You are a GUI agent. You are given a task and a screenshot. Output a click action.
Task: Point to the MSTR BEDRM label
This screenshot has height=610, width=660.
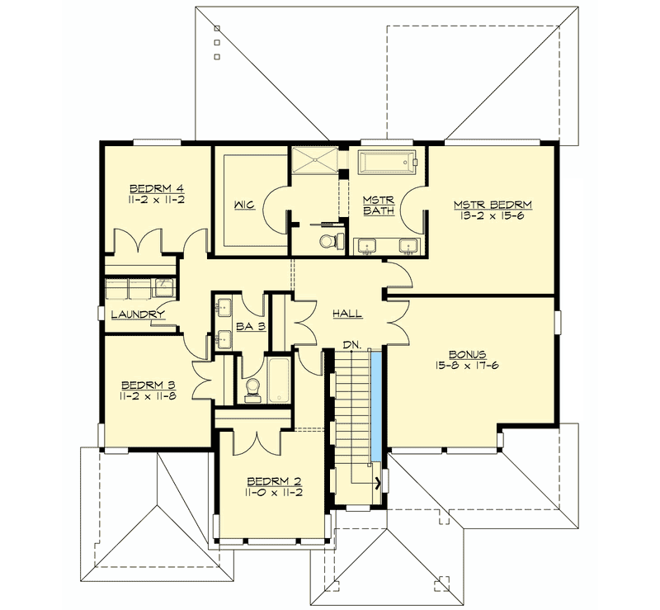point(491,204)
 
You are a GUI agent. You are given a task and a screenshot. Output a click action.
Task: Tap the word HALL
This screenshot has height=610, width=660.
point(347,314)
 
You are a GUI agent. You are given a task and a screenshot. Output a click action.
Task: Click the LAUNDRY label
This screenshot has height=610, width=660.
point(137,314)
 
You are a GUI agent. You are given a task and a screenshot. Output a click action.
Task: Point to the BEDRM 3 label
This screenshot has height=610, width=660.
point(149,385)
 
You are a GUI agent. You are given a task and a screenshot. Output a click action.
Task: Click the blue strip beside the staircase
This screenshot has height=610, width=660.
point(375,404)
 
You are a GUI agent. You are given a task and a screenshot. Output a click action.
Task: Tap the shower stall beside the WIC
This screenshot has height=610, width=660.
point(313,159)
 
